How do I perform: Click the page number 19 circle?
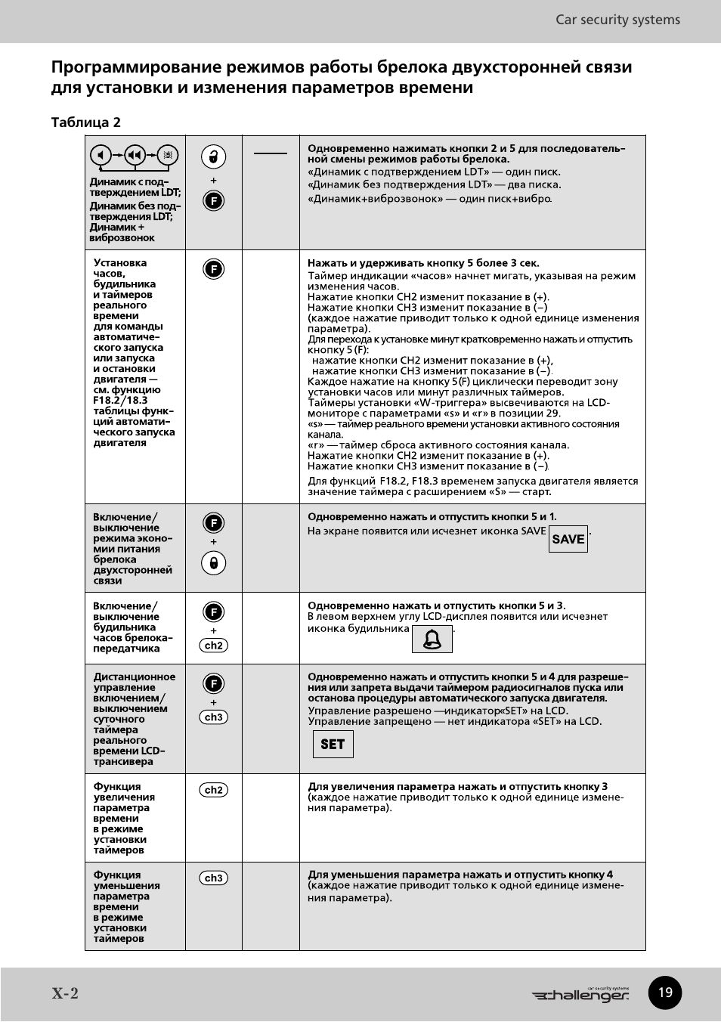(x=665, y=993)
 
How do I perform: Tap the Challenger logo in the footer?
(x=580, y=995)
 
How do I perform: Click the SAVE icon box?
(x=568, y=539)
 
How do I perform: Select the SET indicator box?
(x=333, y=745)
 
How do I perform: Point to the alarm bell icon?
(x=432, y=640)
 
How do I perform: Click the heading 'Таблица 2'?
(x=85, y=122)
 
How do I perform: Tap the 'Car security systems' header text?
(x=617, y=20)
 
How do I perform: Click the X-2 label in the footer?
(x=65, y=993)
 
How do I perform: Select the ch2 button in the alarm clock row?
(x=214, y=646)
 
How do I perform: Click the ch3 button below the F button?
(x=214, y=717)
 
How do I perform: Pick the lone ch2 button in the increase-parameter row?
(x=214, y=790)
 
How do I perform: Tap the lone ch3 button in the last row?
(x=214, y=878)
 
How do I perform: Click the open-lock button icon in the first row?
(x=214, y=156)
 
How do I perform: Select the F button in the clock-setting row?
(x=214, y=269)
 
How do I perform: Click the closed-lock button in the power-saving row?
(x=214, y=563)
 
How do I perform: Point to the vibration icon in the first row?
(x=168, y=155)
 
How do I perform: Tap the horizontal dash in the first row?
(x=271, y=153)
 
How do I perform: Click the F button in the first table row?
(x=214, y=201)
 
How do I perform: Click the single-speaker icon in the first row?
(x=101, y=155)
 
